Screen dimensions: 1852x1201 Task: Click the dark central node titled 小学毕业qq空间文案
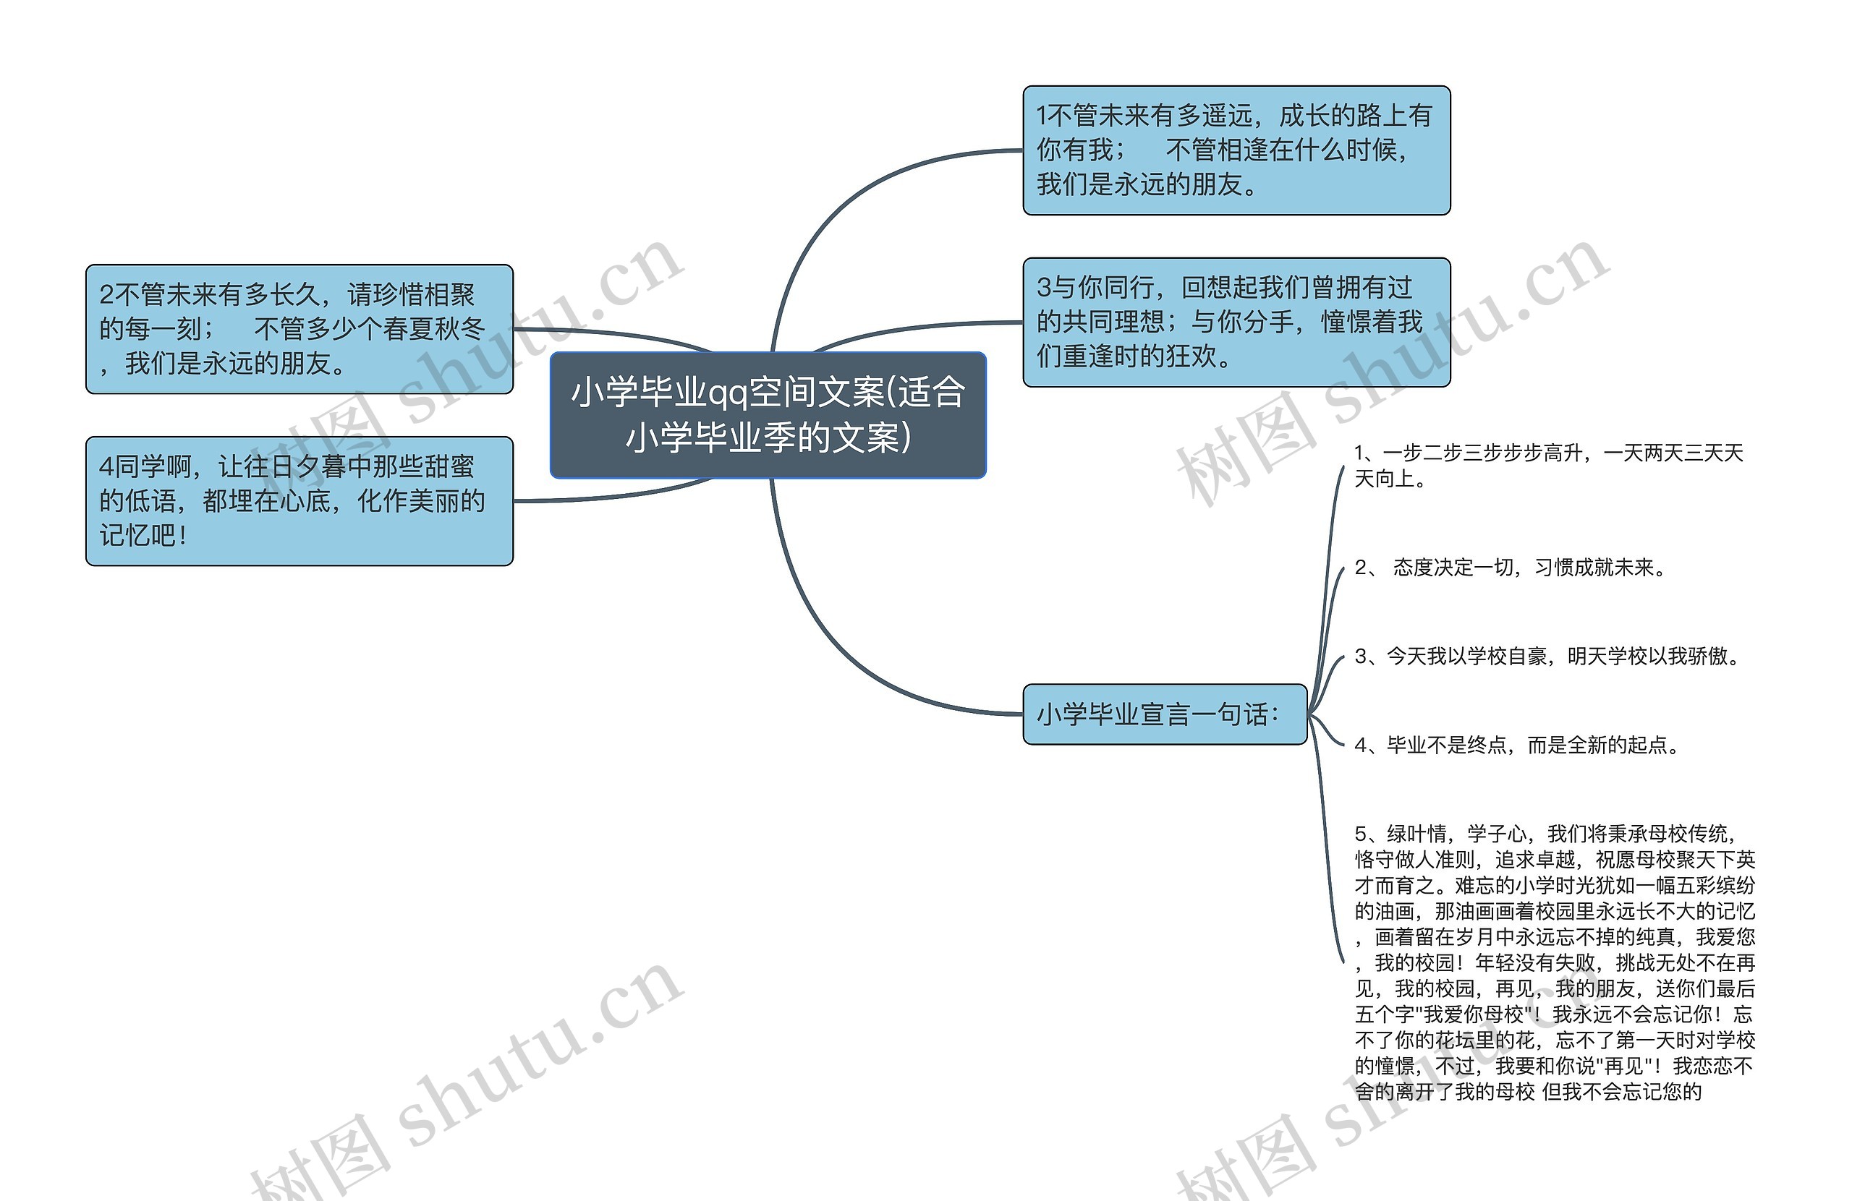click(x=768, y=414)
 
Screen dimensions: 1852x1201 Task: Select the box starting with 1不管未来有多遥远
click(x=1236, y=150)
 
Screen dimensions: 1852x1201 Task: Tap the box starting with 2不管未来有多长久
click(x=299, y=329)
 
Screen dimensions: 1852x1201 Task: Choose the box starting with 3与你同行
click(x=1236, y=322)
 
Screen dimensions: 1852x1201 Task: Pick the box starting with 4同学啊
click(x=299, y=501)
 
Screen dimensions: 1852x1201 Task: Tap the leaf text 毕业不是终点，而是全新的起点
click(x=1517, y=745)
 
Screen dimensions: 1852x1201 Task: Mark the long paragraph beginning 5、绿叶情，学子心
click(x=1553, y=962)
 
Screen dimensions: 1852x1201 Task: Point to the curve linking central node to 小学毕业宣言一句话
click(x=825, y=638)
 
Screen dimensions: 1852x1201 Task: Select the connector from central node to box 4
click(x=623, y=493)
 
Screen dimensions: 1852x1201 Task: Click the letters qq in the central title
click(x=728, y=393)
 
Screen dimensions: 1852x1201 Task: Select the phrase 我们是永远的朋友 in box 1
click(x=1139, y=184)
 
